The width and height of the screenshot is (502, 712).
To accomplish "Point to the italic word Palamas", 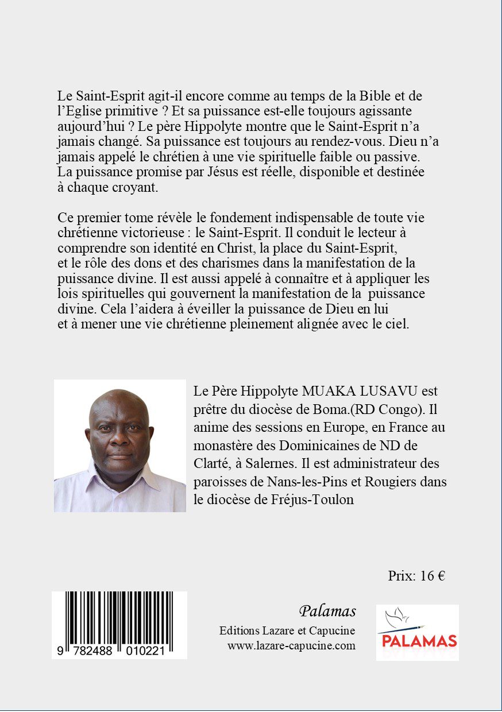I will click(x=327, y=611).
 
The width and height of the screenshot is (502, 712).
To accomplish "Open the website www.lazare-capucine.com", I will click(x=291, y=645).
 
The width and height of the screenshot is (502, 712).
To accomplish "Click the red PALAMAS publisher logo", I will click(x=417, y=640).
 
